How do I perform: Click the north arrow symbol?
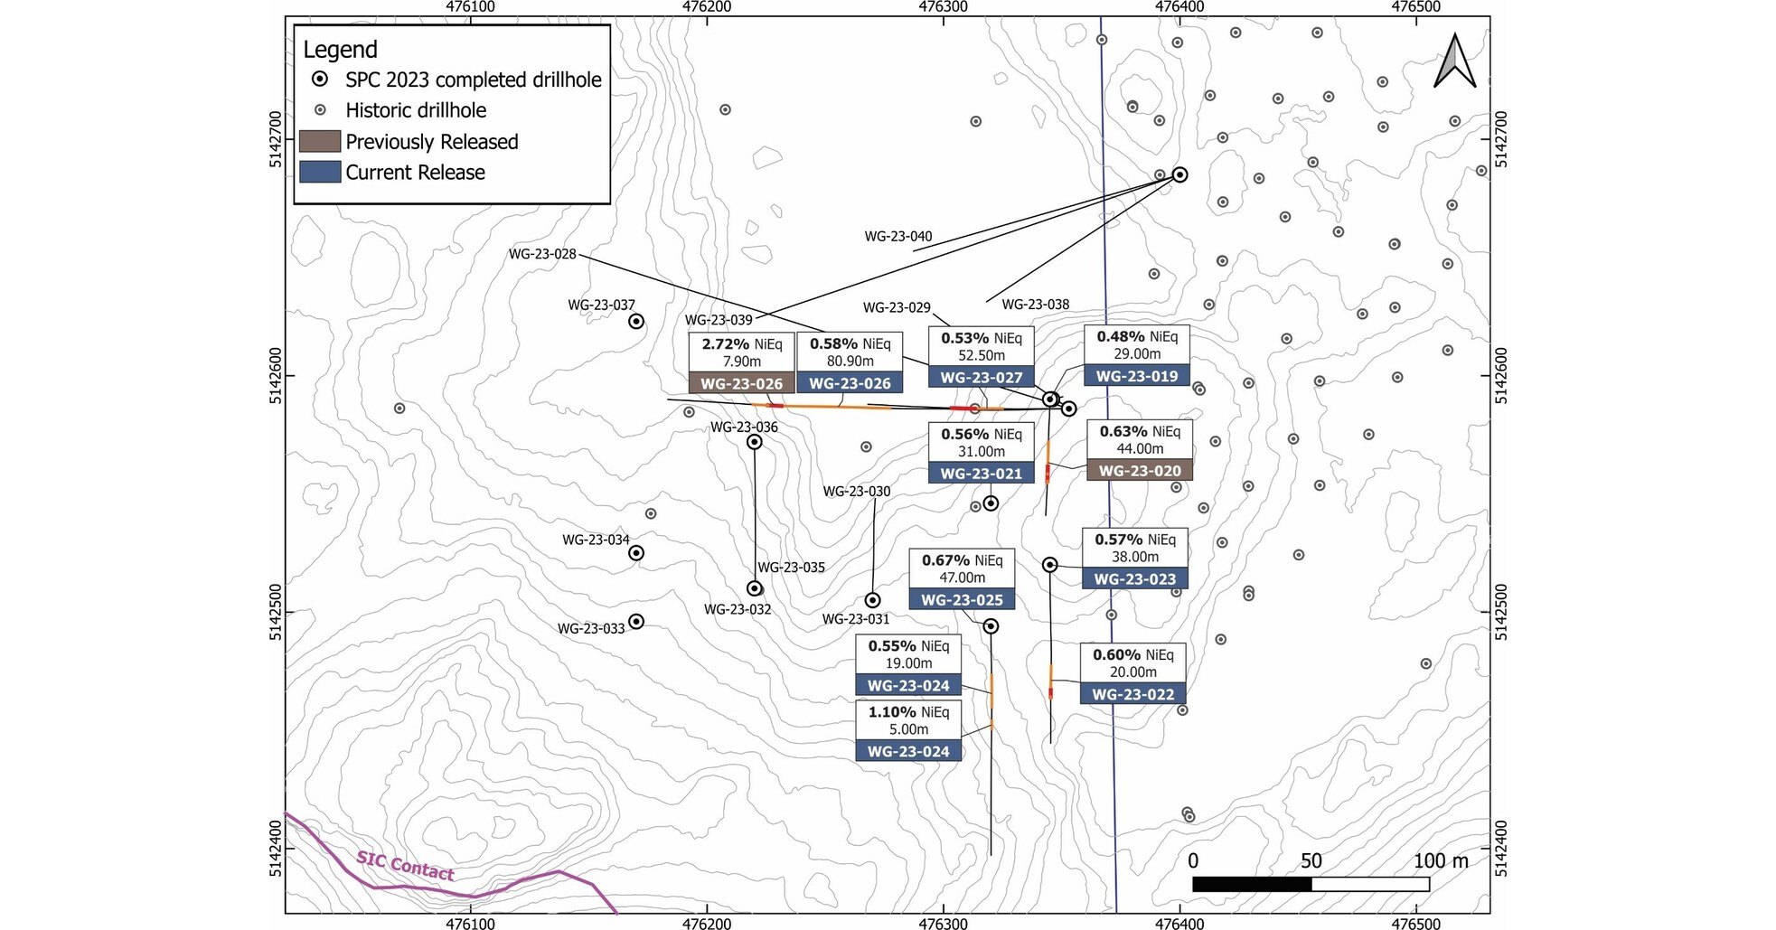click(1454, 62)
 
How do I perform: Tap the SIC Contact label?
click(405, 865)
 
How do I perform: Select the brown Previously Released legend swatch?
click(320, 142)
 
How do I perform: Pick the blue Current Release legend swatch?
click(320, 172)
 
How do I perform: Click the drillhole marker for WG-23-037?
click(636, 322)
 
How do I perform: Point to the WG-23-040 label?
click(897, 237)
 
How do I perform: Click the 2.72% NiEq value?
click(726, 344)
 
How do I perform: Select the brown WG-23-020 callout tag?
click(1140, 471)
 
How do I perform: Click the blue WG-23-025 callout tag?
click(962, 600)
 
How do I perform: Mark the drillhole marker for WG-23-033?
click(636, 622)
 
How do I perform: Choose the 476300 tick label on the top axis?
click(943, 7)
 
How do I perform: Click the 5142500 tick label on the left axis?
click(277, 613)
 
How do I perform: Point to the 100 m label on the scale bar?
click(1441, 860)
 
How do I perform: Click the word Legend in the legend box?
click(340, 50)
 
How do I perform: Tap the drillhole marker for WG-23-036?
click(755, 442)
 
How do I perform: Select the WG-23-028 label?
click(542, 254)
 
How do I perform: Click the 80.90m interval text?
click(850, 362)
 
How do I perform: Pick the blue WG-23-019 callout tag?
click(1137, 376)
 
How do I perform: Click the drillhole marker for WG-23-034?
click(636, 553)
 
